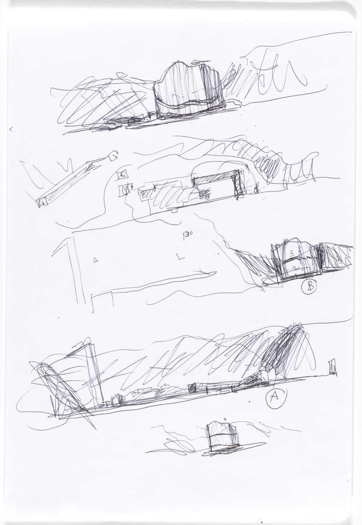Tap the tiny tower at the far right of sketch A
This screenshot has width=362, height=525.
(332, 367)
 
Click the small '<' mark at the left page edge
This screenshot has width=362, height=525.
(11, 128)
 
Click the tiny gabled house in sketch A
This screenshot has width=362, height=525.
(117, 400)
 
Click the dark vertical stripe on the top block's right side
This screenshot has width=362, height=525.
(212, 87)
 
